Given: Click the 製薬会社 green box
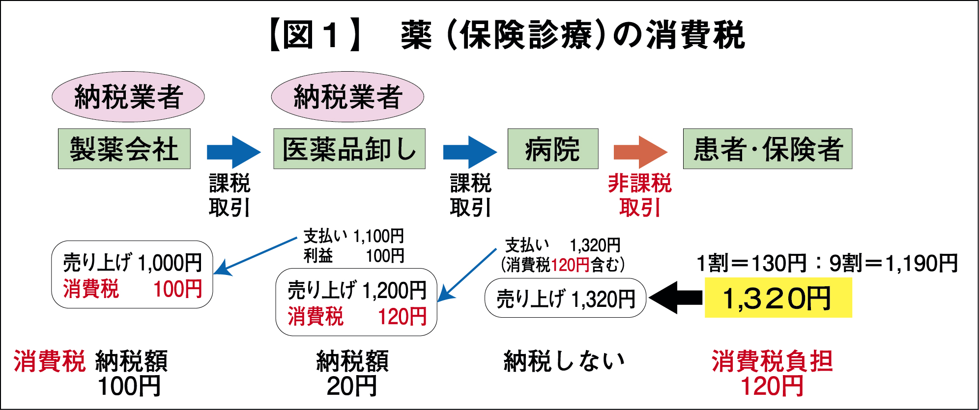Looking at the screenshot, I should (124, 149).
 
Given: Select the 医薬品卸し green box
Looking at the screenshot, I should (349, 149).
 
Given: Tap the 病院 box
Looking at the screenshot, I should (552, 149).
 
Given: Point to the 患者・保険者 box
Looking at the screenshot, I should (767, 149).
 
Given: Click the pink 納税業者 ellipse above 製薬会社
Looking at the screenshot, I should (128, 97).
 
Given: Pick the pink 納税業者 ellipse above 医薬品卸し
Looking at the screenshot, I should (347, 97).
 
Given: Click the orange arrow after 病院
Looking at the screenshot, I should (640, 152).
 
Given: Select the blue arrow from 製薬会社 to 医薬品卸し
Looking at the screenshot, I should (233, 152).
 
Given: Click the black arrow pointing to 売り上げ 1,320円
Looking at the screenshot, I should (676, 298).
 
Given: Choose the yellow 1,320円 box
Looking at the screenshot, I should (778, 298).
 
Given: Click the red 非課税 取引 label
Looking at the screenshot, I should (639, 195).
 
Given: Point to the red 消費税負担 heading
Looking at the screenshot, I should (772, 361).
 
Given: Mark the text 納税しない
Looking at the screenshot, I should (564, 361).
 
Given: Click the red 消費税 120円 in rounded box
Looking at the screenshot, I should (357, 317).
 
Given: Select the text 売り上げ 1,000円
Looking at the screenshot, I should (132, 263).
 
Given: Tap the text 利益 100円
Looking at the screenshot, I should (354, 256).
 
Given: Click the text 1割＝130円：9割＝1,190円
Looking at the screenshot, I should (827, 263).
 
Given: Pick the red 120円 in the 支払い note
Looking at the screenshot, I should (570, 265).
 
